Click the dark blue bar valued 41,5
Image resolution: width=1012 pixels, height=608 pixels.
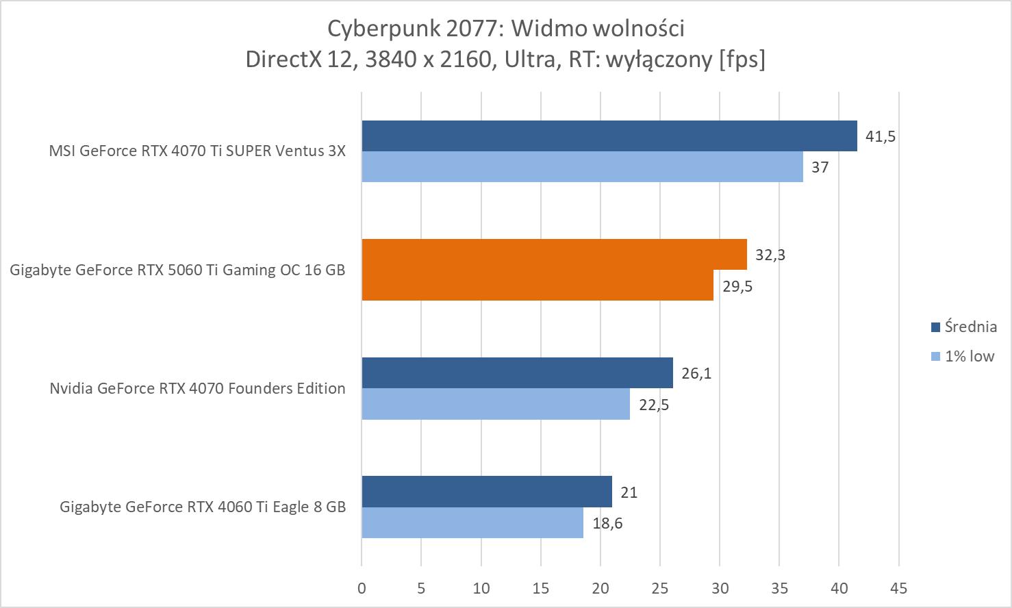pyautogui.click(x=609, y=136)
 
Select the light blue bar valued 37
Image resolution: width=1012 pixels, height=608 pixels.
pyautogui.click(x=582, y=166)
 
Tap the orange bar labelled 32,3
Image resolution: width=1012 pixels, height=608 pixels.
pyautogui.click(x=554, y=254)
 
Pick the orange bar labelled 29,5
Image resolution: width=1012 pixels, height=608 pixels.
pyautogui.click(x=537, y=285)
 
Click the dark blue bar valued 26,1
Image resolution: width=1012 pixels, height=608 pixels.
pyautogui.click(x=517, y=372)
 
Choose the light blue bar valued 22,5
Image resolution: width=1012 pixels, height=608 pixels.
pyautogui.click(x=495, y=404)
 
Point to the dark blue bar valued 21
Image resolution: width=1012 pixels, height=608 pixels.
pyautogui.click(x=486, y=492)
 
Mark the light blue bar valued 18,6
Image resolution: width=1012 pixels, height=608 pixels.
pyautogui.click(x=472, y=522)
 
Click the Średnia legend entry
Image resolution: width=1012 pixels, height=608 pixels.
pyautogui.click(x=963, y=327)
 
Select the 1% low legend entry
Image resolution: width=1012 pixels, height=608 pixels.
pyautogui.click(x=961, y=356)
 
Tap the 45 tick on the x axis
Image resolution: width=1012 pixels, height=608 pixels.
pyautogui.click(x=898, y=587)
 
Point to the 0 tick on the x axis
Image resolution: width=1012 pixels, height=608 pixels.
pyautogui.click(x=362, y=587)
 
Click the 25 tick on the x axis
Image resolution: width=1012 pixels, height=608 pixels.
pyautogui.click(x=659, y=587)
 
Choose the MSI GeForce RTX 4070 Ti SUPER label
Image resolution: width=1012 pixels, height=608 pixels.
pyautogui.click(x=197, y=151)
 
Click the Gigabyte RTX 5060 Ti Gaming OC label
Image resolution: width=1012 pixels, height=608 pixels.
pyautogui.click(x=177, y=270)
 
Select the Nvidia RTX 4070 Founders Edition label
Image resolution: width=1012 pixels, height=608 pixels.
pyautogui.click(x=197, y=388)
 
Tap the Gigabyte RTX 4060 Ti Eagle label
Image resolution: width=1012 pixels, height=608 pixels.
pyautogui.click(x=202, y=507)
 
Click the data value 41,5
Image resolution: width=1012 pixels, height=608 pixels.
pyautogui.click(x=880, y=136)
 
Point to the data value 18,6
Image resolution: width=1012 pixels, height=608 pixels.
pyautogui.click(x=607, y=524)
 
